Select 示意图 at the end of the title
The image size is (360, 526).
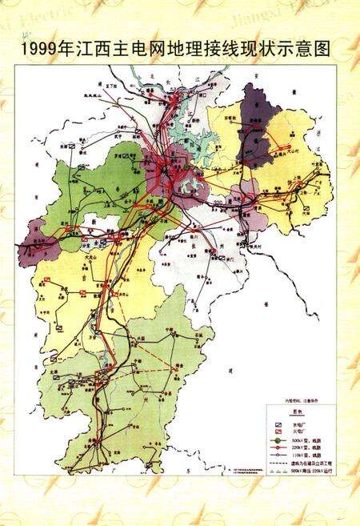[x=309, y=50]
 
